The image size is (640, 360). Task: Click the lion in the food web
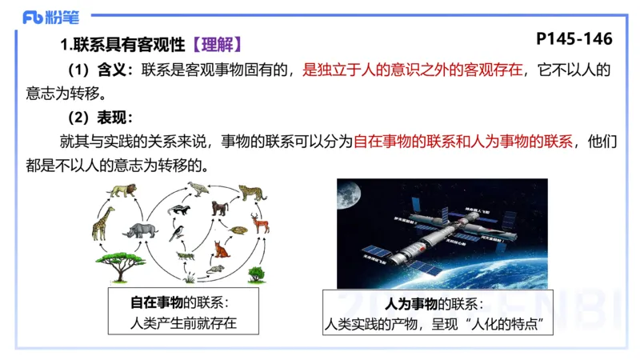tap(123, 190)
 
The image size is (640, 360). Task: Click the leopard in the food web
tap(253, 193)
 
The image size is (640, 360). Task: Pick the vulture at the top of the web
tap(198, 189)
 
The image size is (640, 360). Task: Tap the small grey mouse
tap(214, 270)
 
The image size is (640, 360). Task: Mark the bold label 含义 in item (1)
tap(111, 70)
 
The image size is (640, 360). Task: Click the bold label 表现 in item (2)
tap(111, 118)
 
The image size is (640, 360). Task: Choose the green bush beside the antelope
tap(255, 274)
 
